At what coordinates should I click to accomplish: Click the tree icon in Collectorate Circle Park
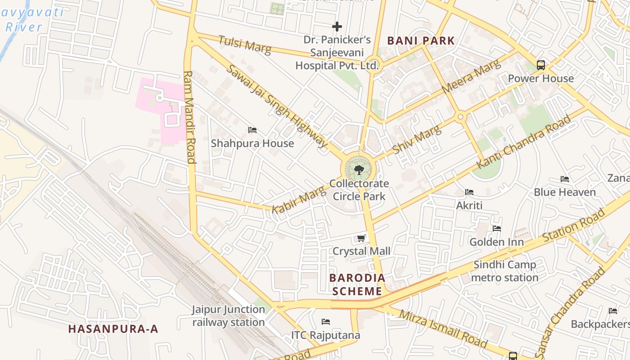(359, 170)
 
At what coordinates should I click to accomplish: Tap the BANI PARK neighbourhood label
(421, 41)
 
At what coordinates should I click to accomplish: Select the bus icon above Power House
(541, 65)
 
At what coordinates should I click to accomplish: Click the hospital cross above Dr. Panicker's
(337, 27)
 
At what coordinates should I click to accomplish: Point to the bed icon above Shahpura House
(252, 130)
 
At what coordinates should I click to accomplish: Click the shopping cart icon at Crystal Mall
(361, 238)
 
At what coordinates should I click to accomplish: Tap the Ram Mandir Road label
(189, 117)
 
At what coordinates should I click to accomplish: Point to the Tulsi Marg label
(245, 45)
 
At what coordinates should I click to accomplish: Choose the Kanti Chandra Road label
(524, 142)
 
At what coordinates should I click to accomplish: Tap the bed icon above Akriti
(469, 192)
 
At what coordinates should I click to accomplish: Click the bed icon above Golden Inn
(497, 229)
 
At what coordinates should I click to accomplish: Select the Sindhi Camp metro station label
(504, 271)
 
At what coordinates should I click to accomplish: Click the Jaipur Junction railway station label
(229, 316)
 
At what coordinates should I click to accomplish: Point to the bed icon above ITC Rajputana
(326, 322)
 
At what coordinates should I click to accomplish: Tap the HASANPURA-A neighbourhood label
(113, 329)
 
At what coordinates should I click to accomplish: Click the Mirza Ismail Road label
(443, 329)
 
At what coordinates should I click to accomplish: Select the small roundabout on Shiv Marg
(460, 117)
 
